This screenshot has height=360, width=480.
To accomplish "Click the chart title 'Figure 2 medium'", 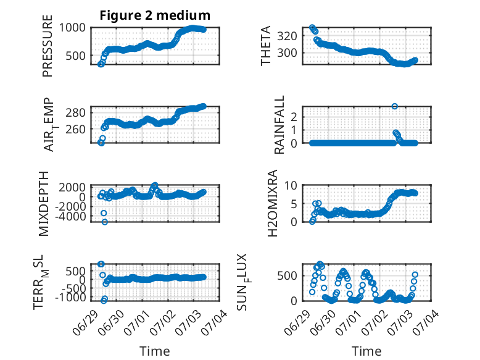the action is click(x=155, y=15).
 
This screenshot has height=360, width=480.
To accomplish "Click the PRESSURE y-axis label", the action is click(x=48, y=46).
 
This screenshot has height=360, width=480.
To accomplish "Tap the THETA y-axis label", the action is click(x=266, y=46).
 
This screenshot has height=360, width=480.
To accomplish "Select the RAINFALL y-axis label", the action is click(x=279, y=125).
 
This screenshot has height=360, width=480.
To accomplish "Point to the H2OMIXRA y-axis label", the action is click(x=273, y=203).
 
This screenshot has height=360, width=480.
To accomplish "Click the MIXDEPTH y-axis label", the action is click(x=44, y=204).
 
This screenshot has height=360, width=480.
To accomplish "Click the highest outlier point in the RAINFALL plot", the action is click(x=395, y=106).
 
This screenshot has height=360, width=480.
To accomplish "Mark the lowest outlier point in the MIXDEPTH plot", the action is click(x=105, y=222).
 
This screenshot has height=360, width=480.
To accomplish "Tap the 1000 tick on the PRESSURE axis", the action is click(x=72, y=28).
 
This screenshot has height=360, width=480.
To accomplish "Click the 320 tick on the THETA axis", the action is click(x=287, y=36).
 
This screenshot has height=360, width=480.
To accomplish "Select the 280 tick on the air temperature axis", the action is click(x=76, y=113).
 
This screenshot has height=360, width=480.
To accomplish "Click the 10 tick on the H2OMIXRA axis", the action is click(x=291, y=185).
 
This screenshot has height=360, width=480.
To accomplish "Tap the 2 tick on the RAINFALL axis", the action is click(x=294, y=117).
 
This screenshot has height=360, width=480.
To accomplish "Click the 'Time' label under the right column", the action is click(x=366, y=351).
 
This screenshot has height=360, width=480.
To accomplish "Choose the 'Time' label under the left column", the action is click(x=155, y=351).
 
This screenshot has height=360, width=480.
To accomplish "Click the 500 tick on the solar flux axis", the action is click(x=287, y=275).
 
